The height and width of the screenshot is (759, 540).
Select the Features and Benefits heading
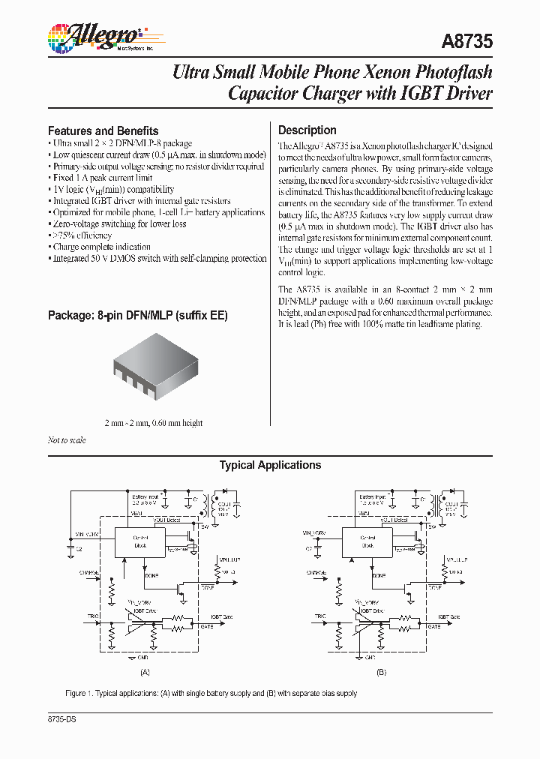[103, 130]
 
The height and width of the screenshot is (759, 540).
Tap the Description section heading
[307, 130]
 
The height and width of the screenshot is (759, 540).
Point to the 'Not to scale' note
[67, 440]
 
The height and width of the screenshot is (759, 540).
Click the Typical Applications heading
[270, 465]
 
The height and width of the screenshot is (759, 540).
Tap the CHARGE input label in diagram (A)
[89, 572]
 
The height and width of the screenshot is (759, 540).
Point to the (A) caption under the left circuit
[145, 673]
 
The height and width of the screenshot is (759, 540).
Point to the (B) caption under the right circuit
[381, 673]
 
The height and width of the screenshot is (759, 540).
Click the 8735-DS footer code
[62, 719]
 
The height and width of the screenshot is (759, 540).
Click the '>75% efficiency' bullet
[82, 235]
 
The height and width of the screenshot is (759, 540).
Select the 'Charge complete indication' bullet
[100, 247]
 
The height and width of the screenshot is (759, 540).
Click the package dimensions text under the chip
[154, 423]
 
